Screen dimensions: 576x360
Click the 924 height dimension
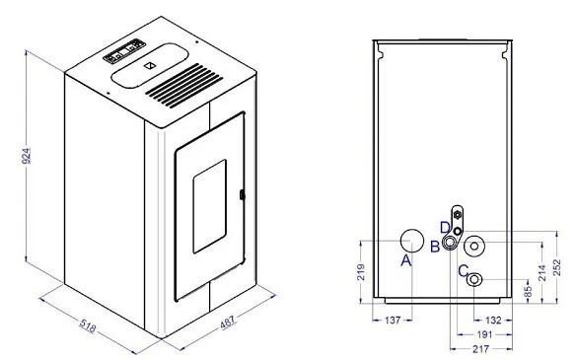pyautogui.click(x=27, y=156)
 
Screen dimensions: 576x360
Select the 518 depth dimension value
pyautogui.click(x=88, y=326)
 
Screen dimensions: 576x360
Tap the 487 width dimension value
pyautogui.click(x=228, y=322)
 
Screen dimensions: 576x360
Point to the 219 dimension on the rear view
pyautogui.click(x=361, y=272)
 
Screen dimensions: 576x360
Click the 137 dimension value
pyautogui.click(x=393, y=321)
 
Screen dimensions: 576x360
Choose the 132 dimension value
pyautogui.click(x=493, y=321)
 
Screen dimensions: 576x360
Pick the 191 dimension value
pyautogui.click(x=484, y=334)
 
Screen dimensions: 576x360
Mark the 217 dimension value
pyautogui.click(x=481, y=348)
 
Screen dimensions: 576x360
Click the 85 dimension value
pyautogui.click(x=528, y=292)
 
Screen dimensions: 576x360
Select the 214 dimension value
pyautogui.click(x=542, y=272)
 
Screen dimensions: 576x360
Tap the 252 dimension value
pyautogui.click(x=557, y=267)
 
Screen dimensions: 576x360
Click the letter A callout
pyautogui.click(x=406, y=260)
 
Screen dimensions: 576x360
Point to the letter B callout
pyautogui.click(x=435, y=247)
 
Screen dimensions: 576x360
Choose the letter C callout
pyautogui.click(x=464, y=271)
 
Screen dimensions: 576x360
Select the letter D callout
pyautogui.click(x=445, y=228)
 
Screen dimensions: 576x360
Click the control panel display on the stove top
pyautogui.click(x=124, y=51)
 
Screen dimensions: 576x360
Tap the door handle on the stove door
pyautogui.click(x=242, y=194)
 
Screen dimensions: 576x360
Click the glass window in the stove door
pyautogui.click(x=210, y=206)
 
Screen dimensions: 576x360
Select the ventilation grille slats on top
pyautogui.click(x=184, y=86)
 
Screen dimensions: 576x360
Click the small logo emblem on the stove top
pyautogui.click(x=150, y=66)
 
